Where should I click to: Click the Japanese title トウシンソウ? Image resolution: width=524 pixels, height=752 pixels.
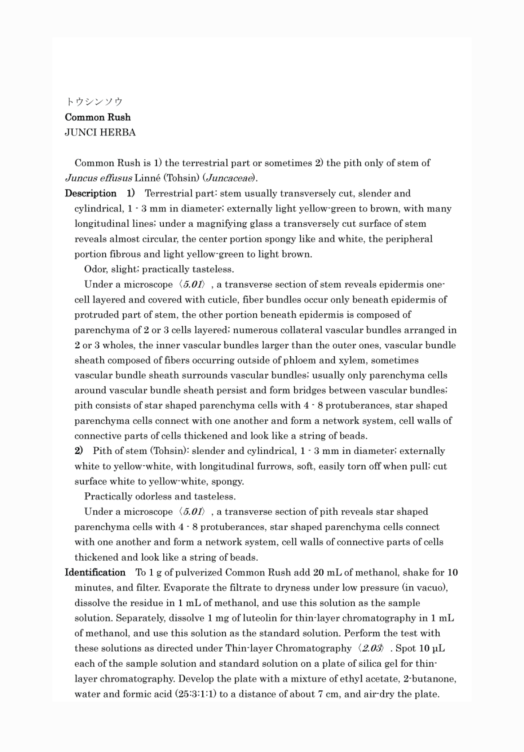[x=94, y=102]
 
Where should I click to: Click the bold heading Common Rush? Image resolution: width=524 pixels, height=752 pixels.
[x=98, y=117]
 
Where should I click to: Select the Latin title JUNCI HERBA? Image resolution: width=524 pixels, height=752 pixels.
[x=100, y=132]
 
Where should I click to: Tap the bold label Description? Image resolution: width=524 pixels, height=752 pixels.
[x=91, y=193]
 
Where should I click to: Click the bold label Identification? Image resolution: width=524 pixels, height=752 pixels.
[x=95, y=572]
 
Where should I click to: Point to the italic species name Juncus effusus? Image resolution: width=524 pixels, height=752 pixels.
[x=98, y=178]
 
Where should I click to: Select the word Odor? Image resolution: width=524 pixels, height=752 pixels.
[x=95, y=269]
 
